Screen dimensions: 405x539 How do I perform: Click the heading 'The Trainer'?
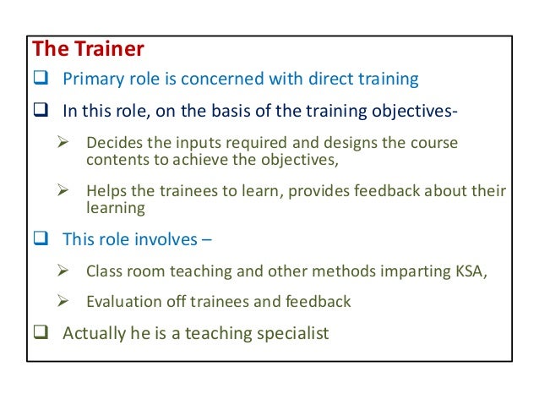(87, 50)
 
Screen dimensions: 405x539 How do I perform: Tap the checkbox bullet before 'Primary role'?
(41, 80)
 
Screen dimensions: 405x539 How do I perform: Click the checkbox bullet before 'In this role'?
(41, 111)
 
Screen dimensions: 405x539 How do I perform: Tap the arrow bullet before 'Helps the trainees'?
(61, 193)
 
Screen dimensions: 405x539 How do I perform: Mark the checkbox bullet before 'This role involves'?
(41, 239)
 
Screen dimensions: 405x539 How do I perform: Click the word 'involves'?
(167, 239)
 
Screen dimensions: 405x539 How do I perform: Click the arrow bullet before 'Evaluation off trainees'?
(61, 301)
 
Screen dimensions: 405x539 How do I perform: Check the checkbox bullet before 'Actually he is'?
(41, 332)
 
